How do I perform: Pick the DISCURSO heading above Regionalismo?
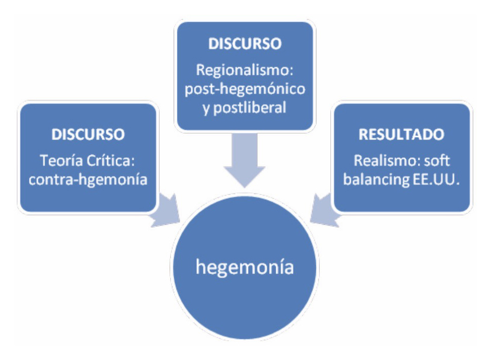[x=244, y=44]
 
